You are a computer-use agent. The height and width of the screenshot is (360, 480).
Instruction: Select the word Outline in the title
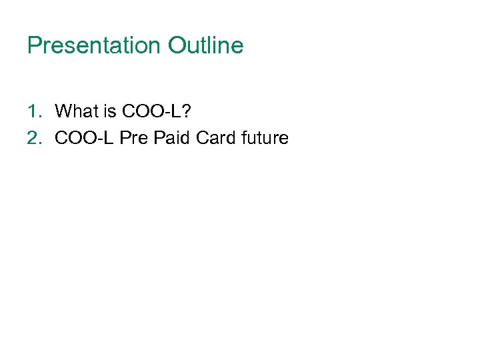click(206, 46)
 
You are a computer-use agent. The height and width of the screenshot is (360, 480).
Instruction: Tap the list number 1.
click(33, 111)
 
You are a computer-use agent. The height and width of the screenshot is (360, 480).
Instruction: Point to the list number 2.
click(33, 139)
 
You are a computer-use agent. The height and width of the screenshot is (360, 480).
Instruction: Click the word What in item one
click(75, 111)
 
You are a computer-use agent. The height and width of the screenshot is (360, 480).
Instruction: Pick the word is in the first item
click(107, 111)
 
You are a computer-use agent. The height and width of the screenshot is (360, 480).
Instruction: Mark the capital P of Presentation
click(33, 46)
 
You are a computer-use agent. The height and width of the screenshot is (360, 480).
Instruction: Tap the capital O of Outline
click(176, 46)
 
